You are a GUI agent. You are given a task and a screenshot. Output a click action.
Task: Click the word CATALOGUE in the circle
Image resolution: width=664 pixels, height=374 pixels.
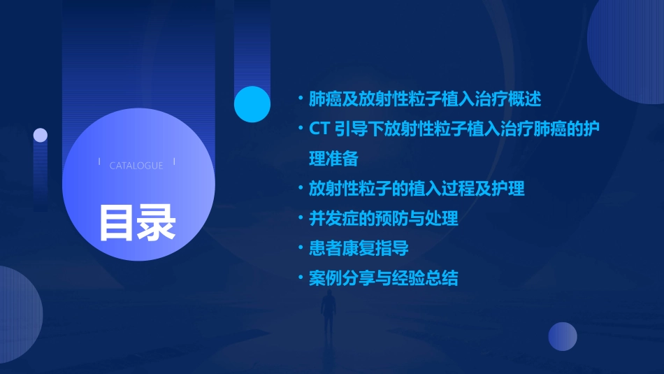tap(136, 166)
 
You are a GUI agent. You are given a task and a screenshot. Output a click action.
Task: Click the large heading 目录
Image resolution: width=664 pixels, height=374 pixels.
tap(137, 222)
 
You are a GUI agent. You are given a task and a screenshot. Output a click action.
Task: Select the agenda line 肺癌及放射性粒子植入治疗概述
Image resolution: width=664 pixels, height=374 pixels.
tap(425, 99)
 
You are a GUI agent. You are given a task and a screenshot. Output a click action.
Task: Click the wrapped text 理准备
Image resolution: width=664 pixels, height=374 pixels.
tap(333, 159)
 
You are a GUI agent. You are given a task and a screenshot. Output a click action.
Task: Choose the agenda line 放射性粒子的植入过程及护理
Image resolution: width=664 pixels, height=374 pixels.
tap(417, 189)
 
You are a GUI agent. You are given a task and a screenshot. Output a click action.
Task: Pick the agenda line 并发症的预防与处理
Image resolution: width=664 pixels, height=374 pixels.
tap(384, 219)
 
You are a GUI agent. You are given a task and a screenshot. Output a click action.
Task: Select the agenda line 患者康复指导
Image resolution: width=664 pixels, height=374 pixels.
tap(359, 248)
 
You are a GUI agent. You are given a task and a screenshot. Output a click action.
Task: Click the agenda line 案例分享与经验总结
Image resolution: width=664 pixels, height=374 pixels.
tap(384, 278)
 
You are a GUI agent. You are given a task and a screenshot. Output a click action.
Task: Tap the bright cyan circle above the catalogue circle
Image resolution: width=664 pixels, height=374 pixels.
tap(252, 104)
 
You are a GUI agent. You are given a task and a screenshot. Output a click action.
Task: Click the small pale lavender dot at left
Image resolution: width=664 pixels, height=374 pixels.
tap(41, 135)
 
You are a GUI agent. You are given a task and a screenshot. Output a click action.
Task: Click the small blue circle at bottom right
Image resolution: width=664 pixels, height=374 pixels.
tap(563, 336)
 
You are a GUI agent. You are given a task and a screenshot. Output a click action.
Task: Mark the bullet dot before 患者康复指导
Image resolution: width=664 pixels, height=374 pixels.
tap(301, 248)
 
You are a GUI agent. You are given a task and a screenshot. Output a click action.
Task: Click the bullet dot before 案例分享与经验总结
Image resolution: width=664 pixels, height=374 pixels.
tap(301, 278)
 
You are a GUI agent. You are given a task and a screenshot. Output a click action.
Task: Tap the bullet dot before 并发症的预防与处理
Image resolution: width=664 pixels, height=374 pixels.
tap(301, 219)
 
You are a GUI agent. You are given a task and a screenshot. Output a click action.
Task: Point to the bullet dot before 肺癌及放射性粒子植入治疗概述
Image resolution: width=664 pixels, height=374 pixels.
tap(301, 99)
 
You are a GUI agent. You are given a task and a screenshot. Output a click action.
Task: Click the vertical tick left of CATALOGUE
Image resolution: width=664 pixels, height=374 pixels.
tap(99, 161)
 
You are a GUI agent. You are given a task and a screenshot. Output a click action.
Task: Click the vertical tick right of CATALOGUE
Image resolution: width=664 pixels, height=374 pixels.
tap(174, 161)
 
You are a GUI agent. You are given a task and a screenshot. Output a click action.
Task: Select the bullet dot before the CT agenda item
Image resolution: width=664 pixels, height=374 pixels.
tap(301, 129)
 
